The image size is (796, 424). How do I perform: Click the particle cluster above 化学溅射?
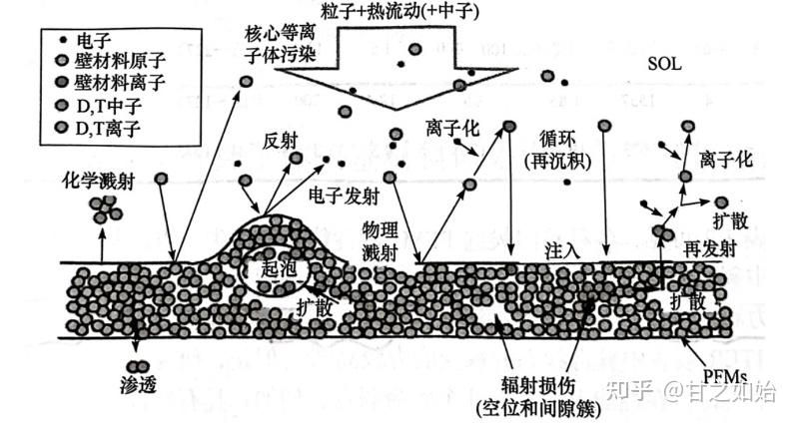103,209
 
